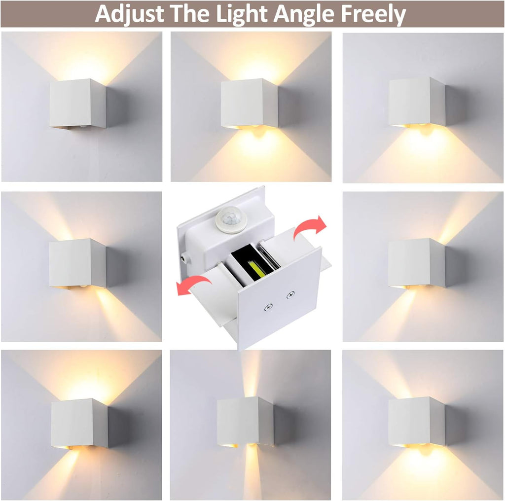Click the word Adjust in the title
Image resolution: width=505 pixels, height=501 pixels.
coord(129,14)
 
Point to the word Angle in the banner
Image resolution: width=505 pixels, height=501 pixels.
coord(312,14)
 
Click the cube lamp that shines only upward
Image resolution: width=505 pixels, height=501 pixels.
coord(77,104)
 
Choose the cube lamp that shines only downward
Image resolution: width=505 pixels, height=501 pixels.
coord(417,101)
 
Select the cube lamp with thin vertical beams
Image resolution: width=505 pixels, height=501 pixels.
coord(245,422)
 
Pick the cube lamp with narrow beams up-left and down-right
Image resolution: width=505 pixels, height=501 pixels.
coord(77,263)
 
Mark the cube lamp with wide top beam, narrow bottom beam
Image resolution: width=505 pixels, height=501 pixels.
coord(79,423)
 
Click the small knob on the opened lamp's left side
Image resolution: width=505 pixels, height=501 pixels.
coord(183,257)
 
